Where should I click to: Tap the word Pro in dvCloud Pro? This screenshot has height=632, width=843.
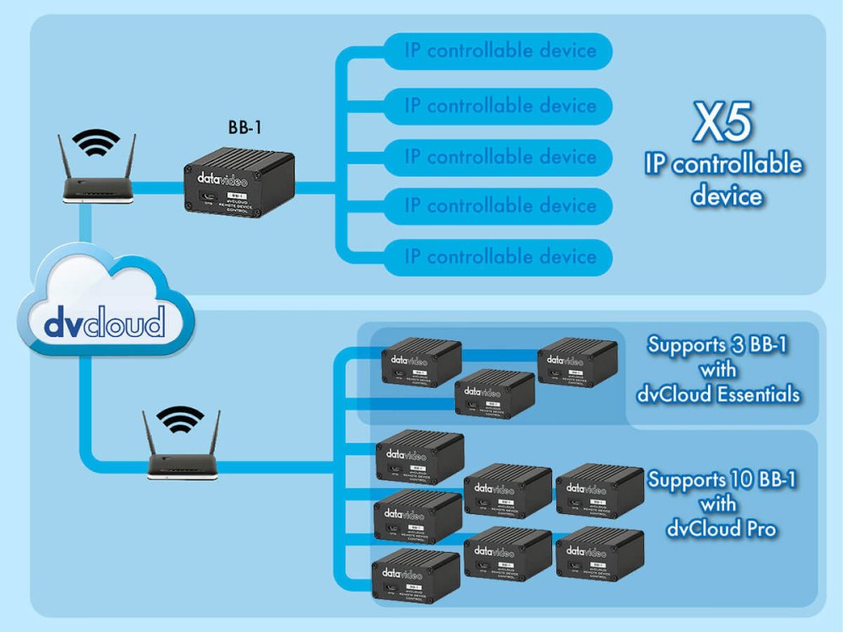click(x=759, y=529)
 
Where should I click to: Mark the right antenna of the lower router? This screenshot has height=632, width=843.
click(x=215, y=432)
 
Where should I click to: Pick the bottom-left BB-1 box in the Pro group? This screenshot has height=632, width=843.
click(x=416, y=576)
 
